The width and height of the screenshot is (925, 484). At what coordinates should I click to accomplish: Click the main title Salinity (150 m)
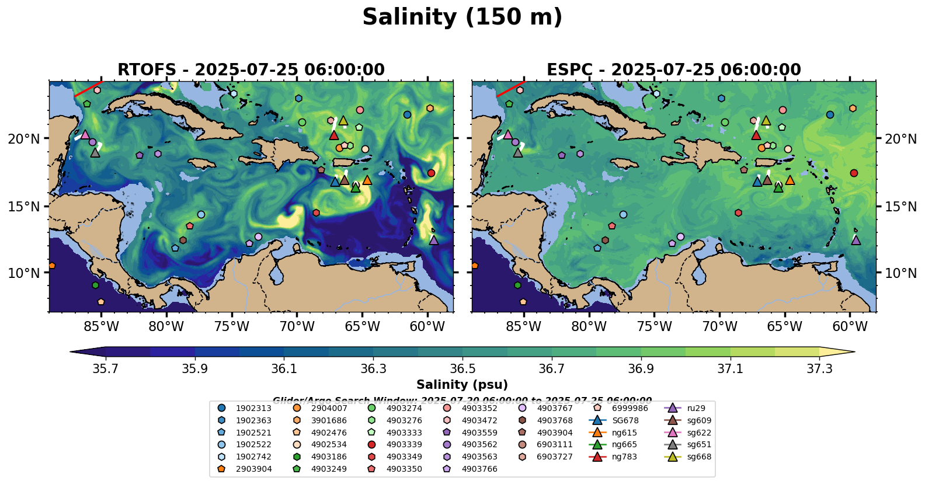[462, 18]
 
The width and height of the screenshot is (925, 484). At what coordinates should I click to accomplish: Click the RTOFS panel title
[251, 70]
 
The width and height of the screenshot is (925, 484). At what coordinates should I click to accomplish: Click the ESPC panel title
[673, 70]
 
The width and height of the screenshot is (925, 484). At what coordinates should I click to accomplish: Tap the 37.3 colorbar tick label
[819, 369]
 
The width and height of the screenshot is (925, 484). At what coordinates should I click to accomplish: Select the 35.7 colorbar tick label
[106, 369]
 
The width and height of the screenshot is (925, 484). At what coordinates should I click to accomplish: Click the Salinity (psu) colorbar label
[462, 385]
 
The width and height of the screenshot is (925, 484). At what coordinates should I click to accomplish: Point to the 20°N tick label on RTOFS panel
[24, 139]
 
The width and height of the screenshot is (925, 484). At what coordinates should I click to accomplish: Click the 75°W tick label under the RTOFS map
[232, 326]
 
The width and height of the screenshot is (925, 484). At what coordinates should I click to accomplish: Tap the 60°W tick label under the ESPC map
[850, 326]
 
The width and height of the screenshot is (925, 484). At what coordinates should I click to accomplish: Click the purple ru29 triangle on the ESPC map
[856, 240]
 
